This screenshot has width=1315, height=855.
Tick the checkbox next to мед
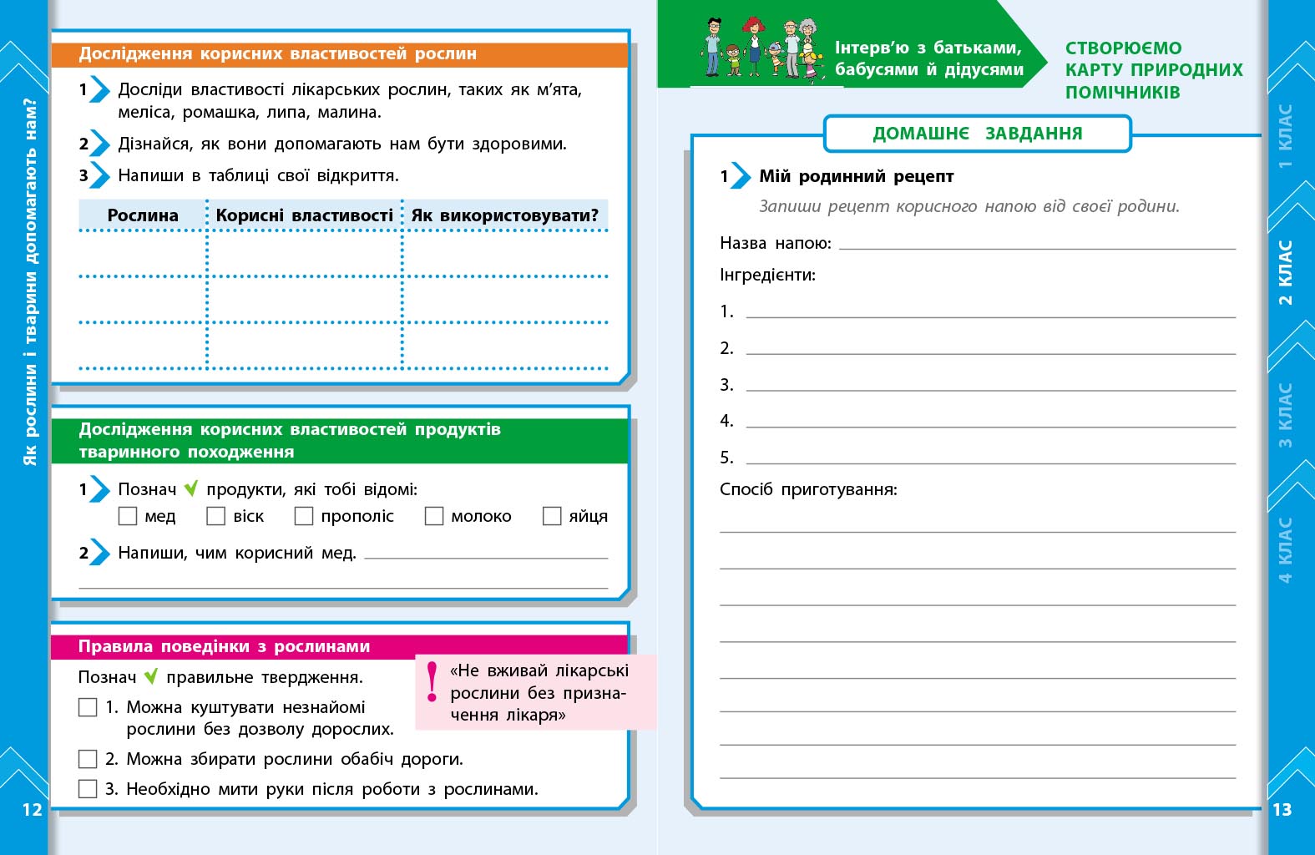point(128,516)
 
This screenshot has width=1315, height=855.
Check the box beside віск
point(216,516)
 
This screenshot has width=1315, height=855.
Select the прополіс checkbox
point(304,516)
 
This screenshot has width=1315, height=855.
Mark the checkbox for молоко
point(434,516)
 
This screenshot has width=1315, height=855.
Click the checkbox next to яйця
point(552,516)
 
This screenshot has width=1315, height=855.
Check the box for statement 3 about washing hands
point(88,788)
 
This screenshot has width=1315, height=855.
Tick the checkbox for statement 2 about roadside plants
point(88,759)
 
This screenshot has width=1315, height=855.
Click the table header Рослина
point(143,215)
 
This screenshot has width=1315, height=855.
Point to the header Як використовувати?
point(504,215)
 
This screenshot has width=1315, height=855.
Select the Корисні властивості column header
point(304,215)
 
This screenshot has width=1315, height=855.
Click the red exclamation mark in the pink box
point(432,681)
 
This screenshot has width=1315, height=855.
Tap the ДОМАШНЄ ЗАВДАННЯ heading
point(977,134)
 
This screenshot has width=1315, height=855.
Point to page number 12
point(32,809)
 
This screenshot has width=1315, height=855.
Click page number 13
point(1282,809)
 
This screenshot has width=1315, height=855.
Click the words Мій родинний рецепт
point(856,176)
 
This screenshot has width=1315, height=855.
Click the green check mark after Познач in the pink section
point(151,677)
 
